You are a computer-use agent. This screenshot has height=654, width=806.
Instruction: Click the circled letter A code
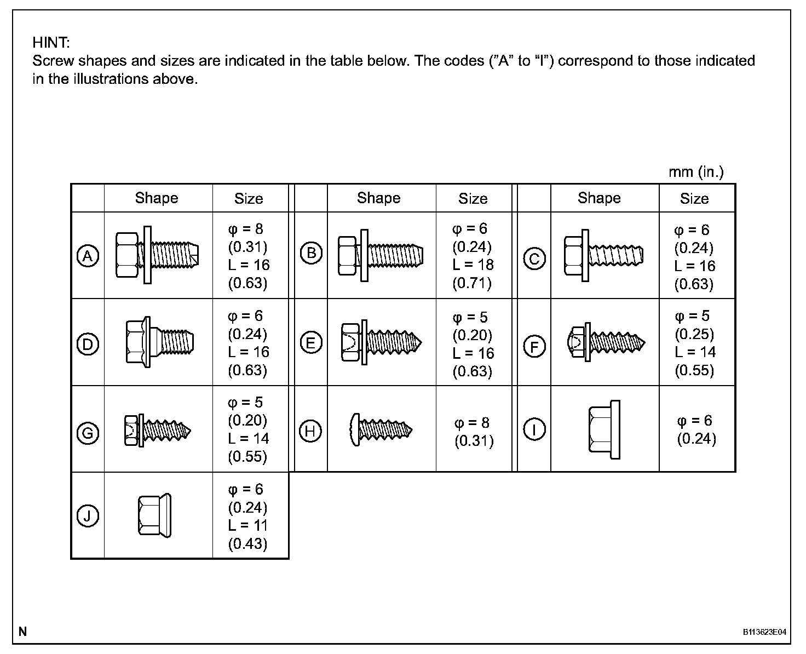(x=88, y=256)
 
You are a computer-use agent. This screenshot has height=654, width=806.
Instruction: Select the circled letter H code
(x=310, y=431)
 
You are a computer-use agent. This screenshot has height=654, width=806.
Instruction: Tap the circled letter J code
(x=88, y=516)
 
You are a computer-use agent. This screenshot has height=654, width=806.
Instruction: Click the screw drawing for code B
(x=381, y=255)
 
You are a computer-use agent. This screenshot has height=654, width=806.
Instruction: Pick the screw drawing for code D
(x=159, y=342)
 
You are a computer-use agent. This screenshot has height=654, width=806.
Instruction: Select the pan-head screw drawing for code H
(x=381, y=429)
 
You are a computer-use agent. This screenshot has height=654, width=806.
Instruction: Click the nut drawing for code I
(x=604, y=429)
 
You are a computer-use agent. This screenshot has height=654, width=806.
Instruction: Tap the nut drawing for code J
(x=154, y=515)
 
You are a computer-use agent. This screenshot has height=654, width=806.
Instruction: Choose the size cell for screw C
(x=694, y=256)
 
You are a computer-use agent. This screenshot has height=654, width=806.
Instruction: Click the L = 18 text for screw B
(x=473, y=265)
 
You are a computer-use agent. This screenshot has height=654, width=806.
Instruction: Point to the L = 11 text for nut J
(x=247, y=525)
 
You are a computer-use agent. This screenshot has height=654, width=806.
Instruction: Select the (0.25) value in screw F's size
(x=694, y=334)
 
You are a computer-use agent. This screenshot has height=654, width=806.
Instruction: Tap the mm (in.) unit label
(x=696, y=172)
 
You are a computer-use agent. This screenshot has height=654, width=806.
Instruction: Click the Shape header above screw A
(x=157, y=198)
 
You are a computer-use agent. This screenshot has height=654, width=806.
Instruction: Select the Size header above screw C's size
(x=694, y=198)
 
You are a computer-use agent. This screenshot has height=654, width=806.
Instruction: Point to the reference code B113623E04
(x=764, y=632)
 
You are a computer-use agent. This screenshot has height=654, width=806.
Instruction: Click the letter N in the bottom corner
(x=22, y=632)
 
